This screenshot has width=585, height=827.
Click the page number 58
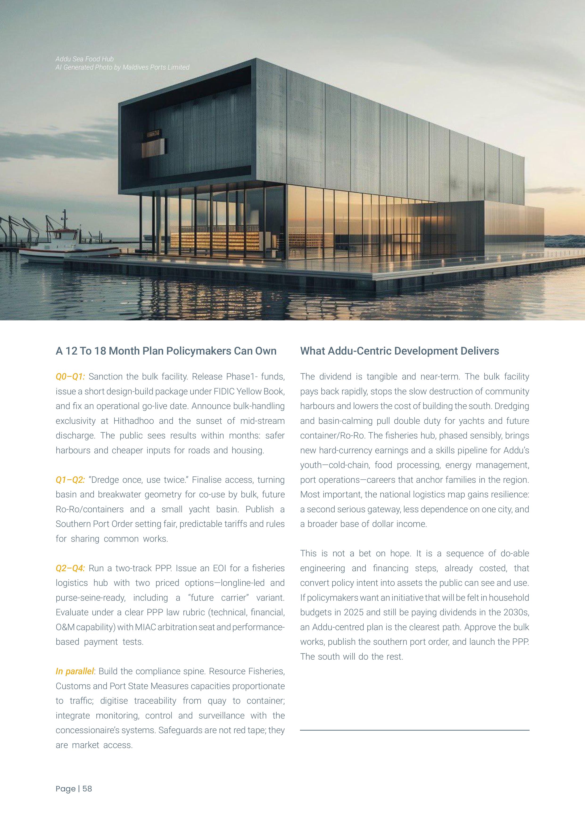pos(87,789)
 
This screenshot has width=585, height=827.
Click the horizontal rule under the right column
pos(415,730)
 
